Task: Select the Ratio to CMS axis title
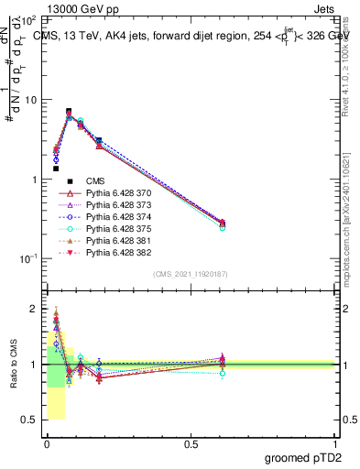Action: tap(13, 365)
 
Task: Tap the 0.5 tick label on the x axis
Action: tap(191, 442)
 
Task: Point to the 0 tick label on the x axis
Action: tap(47, 442)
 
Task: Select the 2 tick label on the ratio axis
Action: tap(35, 309)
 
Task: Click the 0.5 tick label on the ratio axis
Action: tap(31, 420)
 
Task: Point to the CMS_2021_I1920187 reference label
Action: tap(190, 274)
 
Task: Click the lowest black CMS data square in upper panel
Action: tap(56, 169)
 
